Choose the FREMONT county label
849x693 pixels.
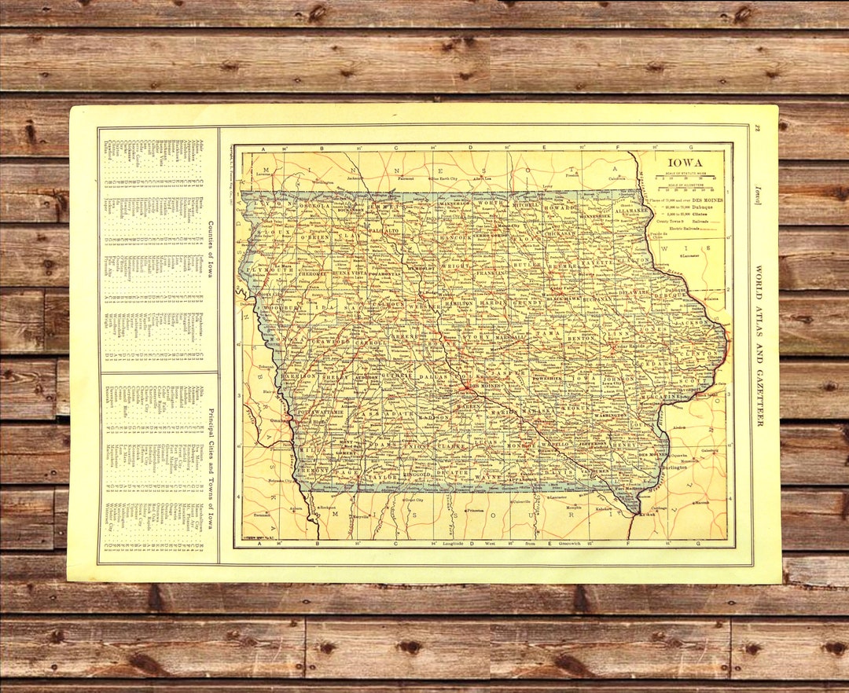(x=314, y=471)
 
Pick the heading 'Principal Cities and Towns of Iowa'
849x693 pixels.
(x=209, y=464)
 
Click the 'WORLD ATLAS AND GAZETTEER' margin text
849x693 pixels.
(x=759, y=346)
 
